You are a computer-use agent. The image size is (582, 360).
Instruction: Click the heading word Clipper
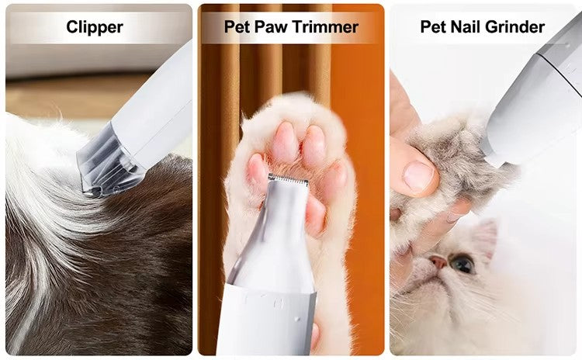coord(95,27)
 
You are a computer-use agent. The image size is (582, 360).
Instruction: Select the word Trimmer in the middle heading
coord(325,26)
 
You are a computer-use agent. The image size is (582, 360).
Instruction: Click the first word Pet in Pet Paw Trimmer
coord(237,26)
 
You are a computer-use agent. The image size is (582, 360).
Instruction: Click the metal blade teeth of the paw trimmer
coord(289,179)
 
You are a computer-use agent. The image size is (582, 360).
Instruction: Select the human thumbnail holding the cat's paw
coord(418,175)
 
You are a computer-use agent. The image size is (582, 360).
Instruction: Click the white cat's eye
coord(462,263)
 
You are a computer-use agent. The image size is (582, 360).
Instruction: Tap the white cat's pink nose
coord(438,262)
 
